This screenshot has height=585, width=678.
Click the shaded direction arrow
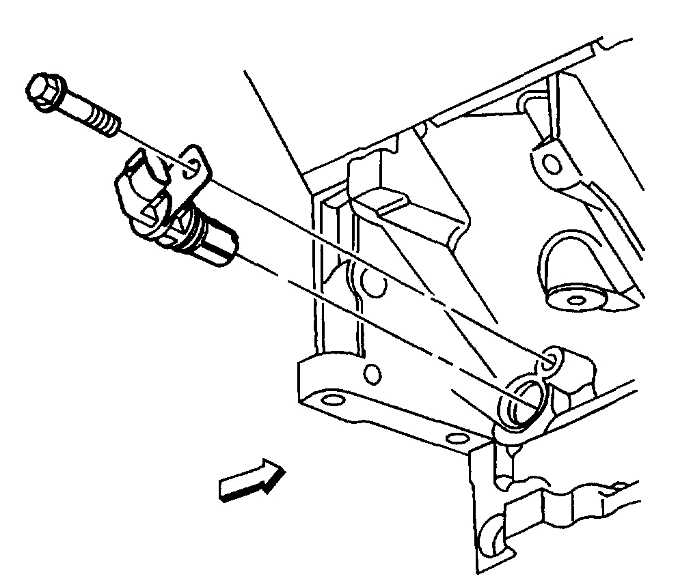pyautogui.click(x=250, y=482)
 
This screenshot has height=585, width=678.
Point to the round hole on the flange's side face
pyautogui.click(x=372, y=373)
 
